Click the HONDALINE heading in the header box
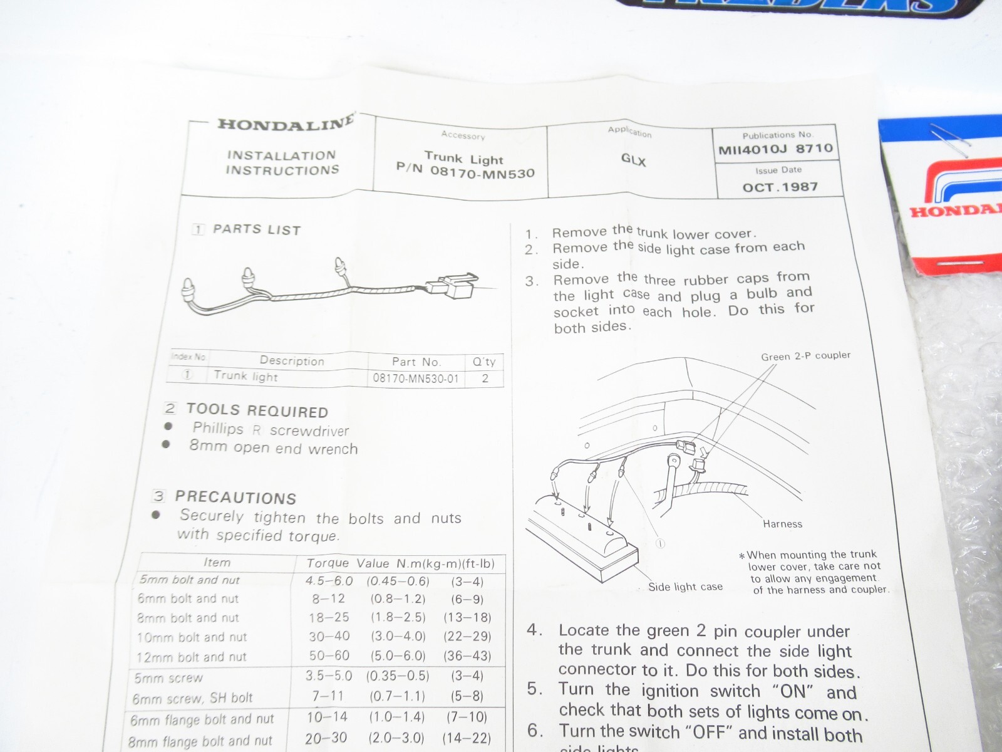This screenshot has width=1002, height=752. point(286,122)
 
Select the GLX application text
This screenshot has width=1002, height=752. point(633,160)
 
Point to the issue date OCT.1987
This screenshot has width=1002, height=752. point(780,187)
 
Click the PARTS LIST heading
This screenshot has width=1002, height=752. point(256,229)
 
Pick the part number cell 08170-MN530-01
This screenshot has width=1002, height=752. point(416,378)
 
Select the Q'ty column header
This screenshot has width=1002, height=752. point(484,362)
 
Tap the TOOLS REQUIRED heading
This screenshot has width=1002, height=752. point(257,411)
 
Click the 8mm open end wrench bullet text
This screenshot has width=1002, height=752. point(273,447)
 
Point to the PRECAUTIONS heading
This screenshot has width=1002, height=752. point(235,498)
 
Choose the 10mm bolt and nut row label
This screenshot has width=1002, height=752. point(192,637)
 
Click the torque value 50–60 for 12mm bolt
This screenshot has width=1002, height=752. point(329,655)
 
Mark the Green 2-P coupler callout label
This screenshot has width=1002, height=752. point(805,356)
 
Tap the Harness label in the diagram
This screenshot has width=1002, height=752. point(782,523)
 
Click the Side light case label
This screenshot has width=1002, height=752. point(685,587)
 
